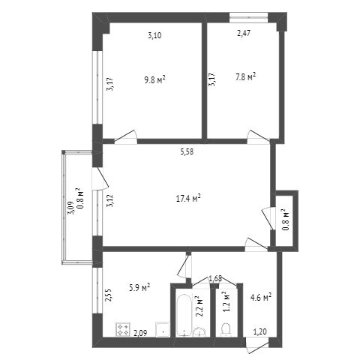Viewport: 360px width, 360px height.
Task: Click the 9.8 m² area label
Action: click(155, 80)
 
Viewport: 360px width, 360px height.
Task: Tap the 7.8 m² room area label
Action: click(245, 76)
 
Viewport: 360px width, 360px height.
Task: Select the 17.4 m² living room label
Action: click(188, 199)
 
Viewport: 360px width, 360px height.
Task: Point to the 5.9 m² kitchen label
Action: click(139, 287)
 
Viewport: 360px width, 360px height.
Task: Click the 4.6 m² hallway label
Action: click(261, 297)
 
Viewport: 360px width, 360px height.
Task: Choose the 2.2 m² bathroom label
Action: click(200, 306)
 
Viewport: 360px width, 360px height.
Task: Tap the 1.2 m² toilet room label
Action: click(226, 301)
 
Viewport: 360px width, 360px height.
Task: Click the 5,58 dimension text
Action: click(187, 151)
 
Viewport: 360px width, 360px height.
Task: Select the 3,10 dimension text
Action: click(154, 35)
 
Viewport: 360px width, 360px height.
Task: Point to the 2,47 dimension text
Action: click(244, 34)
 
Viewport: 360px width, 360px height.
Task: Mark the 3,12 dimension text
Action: click(110, 201)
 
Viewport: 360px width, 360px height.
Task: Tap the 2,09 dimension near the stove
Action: click(140, 333)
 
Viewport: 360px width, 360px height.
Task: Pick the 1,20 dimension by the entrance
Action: click(260, 331)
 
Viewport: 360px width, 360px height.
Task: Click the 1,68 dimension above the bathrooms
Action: click(215, 278)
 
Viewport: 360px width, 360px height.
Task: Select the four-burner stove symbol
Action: click(123, 329)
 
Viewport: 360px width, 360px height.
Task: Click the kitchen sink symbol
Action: click(163, 330)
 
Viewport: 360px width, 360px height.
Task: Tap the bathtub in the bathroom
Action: click(184, 315)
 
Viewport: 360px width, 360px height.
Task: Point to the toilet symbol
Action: click(226, 330)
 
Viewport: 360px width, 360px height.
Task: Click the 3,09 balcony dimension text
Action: click(70, 208)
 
